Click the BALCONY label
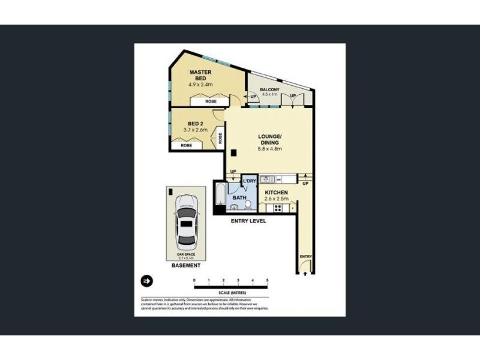click(x=269, y=90)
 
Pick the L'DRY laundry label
click(x=249, y=181)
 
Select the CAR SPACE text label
click(x=187, y=254)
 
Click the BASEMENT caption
click(x=186, y=265)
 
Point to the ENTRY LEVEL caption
click(x=248, y=221)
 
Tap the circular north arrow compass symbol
click(x=146, y=280)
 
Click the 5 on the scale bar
click(x=267, y=280)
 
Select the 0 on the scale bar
click(x=194, y=280)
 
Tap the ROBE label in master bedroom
click(x=211, y=101)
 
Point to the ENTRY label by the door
click(x=305, y=257)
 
